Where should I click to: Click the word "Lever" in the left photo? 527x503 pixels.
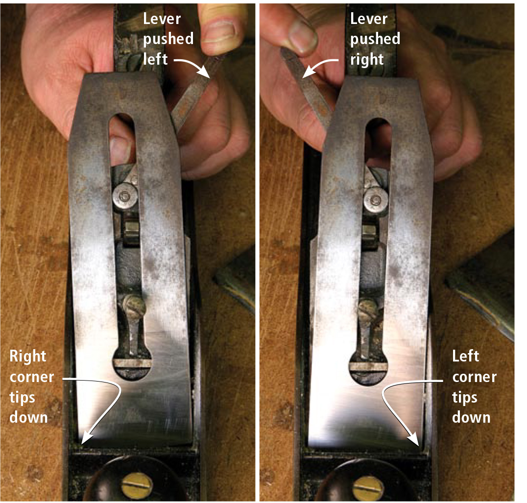(x=162, y=19)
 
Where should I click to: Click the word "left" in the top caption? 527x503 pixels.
(x=155, y=59)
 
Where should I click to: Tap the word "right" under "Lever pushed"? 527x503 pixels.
(x=367, y=60)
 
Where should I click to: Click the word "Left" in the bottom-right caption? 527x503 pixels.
(x=465, y=356)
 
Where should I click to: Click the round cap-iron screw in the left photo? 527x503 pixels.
(x=125, y=196)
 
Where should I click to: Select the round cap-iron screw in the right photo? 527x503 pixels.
(x=376, y=201)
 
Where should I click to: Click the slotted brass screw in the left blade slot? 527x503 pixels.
(x=134, y=307)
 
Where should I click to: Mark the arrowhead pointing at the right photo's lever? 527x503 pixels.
(x=308, y=72)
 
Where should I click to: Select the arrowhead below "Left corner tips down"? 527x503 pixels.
(x=413, y=439)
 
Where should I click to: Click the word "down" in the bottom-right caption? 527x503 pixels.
(x=471, y=418)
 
